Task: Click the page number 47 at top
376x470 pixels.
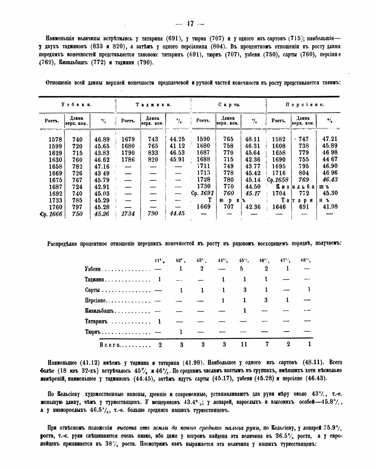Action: [190, 24]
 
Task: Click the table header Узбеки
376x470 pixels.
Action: [76, 105]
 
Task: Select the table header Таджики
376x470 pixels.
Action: [153, 105]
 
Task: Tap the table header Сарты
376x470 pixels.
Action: [229, 105]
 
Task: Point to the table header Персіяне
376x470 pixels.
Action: [304, 105]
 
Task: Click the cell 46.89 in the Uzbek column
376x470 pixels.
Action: [102, 139]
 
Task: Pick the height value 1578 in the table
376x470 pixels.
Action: [55, 139]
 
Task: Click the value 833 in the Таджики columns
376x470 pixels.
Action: [153, 153]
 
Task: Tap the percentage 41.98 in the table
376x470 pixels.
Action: [329, 207]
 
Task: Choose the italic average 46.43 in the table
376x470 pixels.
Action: [329, 180]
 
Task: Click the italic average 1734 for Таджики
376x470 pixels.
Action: [128, 214]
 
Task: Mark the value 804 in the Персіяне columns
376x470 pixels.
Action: [304, 173]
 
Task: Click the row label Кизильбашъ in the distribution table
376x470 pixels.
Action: [99, 311]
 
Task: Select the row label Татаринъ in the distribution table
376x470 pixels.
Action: [96, 321]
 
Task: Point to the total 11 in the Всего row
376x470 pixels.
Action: [244, 344]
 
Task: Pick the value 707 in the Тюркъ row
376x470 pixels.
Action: [228, 207]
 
